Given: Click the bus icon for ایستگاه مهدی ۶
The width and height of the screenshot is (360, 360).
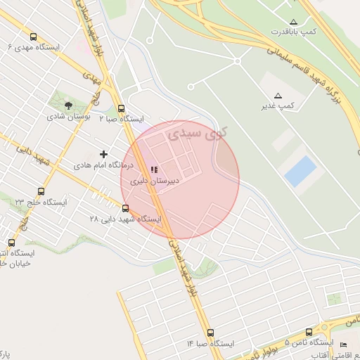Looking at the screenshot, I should click(x=34, y=37).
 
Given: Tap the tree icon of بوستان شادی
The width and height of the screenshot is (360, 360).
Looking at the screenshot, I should click(x=69, y=105).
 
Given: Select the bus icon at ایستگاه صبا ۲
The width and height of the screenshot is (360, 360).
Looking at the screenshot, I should click(x=122, y=109).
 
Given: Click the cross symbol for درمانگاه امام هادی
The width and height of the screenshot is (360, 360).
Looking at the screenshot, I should click(x=104, y=154).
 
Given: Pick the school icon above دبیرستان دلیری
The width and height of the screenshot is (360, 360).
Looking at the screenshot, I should click(x=155, y=169).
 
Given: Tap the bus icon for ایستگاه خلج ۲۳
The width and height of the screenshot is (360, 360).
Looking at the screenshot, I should click(x=41, y=191).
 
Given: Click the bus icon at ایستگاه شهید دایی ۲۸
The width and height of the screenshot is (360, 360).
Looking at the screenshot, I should click(x=126, y=208).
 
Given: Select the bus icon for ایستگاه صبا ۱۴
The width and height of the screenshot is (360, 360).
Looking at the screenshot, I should click(x=210, y=333).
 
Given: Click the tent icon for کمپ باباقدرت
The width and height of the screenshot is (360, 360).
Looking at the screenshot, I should click(x=294, y=22).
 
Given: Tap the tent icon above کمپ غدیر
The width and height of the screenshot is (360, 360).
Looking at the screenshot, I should click(x=278, y=96).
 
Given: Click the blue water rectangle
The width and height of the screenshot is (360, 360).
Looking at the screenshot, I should click(x=301, y=172).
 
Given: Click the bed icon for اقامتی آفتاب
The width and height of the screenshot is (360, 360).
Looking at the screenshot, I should click(x=343, y=344).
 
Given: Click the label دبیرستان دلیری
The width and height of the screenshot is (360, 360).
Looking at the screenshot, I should click(x=155, y=181).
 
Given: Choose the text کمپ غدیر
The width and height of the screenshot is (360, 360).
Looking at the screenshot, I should click(x=277, y=105).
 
